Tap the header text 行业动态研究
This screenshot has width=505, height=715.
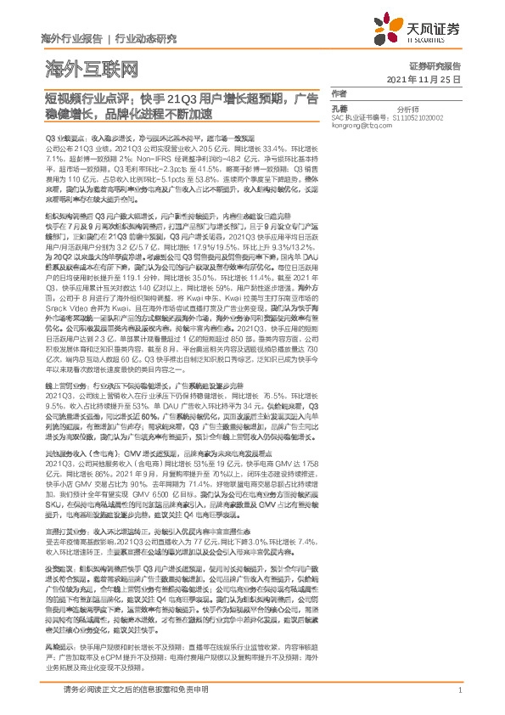[x=145, y=39]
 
